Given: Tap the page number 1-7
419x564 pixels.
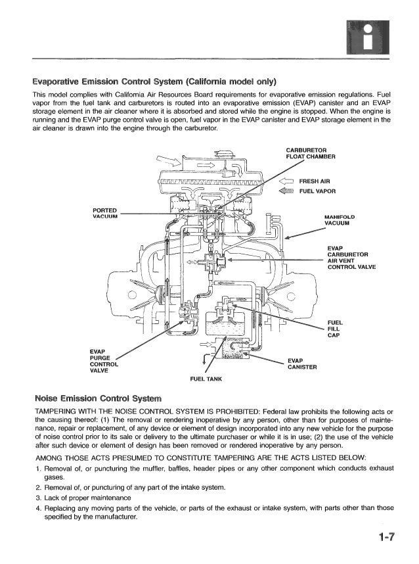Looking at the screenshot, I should pyautogui.click(x=385, y=538).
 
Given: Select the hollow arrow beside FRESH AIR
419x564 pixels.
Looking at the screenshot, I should pyautogui.click(x=286, y=181).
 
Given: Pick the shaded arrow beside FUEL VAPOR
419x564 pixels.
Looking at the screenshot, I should pyautogui.click(x=286, y=191).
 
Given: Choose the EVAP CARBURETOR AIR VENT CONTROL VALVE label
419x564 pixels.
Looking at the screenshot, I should pyautogui.click(x=348, y=258).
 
